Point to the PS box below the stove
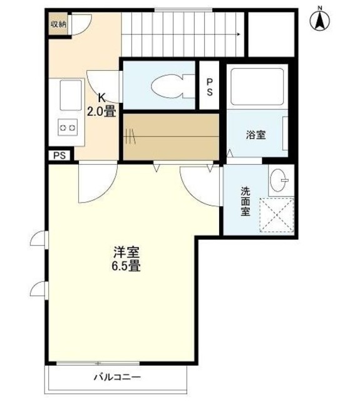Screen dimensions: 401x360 tap(59, 156)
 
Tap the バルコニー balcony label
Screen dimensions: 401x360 tap(118, 377)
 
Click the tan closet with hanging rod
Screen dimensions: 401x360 tap(171, 135)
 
